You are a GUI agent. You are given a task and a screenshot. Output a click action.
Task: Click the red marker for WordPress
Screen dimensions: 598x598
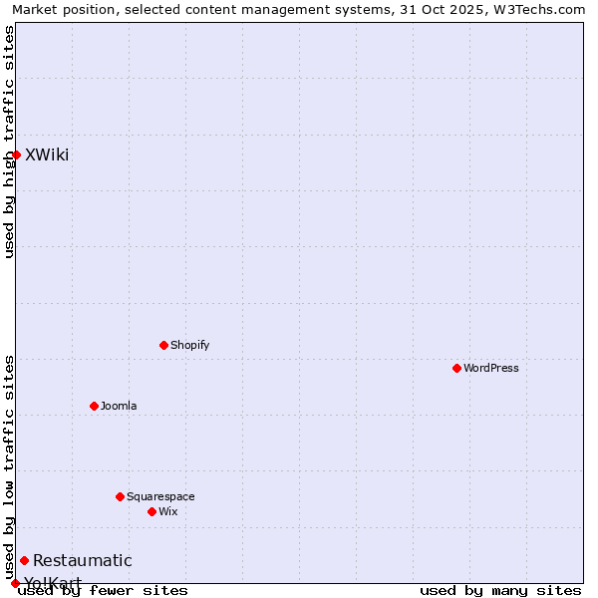point(457,368)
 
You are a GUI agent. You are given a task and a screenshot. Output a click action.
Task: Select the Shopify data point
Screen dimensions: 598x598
point(164,345)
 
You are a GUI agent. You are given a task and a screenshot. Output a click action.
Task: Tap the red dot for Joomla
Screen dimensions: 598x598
point(95,406)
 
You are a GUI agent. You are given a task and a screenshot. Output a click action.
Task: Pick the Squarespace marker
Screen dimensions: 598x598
point(121,496)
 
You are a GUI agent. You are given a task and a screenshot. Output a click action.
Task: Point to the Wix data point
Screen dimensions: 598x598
point(152,511)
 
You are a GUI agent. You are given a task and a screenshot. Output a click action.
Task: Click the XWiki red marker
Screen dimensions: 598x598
point(17,154)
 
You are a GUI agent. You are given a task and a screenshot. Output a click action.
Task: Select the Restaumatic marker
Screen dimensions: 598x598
point(25,560)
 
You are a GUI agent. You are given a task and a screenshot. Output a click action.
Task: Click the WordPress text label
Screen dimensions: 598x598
point(491,368)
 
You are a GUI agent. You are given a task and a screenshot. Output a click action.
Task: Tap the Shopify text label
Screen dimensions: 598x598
point(189,345)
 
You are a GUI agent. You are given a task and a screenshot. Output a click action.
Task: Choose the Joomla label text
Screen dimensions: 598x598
point(119,406)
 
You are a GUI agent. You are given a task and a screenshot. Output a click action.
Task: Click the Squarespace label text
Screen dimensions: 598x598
point(160,496)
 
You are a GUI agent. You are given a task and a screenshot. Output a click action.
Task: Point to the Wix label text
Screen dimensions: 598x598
point(167,511)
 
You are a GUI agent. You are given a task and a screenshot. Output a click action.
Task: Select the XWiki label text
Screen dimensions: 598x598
point(47,154)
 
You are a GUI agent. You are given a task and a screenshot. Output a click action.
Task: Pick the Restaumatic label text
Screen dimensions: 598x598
point(82,560)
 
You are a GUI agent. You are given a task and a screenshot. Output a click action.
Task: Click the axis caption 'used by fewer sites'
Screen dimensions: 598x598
point(103,590)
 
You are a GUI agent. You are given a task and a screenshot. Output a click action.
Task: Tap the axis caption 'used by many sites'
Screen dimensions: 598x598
point(500,590)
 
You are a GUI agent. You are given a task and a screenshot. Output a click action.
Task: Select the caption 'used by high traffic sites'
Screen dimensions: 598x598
point(9,142)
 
